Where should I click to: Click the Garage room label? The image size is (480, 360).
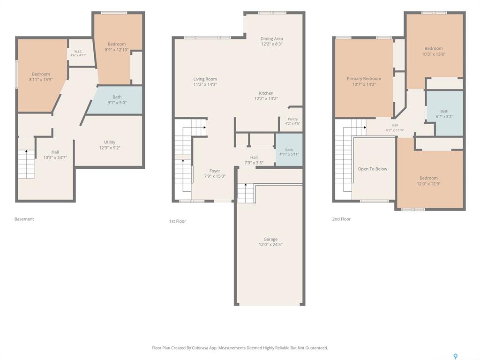pyautogui.click(x=270, y=239)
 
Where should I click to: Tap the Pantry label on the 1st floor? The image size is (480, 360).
pyautogui.click(x=292, y=119)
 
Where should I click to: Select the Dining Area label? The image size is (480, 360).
pyautogui.click(x=271, y=38)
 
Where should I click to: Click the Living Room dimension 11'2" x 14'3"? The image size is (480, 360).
pyautogui.click(x=205, y=84)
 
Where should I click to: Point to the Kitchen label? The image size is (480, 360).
pyautogui.click(x=266, y=93)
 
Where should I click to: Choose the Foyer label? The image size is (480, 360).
pyautogui.click(x=215, y=171)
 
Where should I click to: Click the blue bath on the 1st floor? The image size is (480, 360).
pyautogui.click(x=289, y=150)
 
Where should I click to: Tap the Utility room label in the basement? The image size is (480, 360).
pyautogui.click(x=110, y=142)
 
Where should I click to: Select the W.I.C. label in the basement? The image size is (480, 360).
pyautogui.click(x=78, y=52)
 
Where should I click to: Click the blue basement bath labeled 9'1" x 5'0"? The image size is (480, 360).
pyautogui.click(x=116, y=100)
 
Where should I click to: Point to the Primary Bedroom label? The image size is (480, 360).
pyautogui.click(x=364, y=79)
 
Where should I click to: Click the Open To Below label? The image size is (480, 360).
pyautogui.click(x=373, y=169)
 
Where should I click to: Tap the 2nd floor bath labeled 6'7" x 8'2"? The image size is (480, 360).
pyautogui.click(x=445, y=113)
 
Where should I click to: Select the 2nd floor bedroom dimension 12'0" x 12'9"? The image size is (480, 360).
pyautogui.click(x=428, y=184)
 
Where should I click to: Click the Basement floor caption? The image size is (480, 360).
pyautogui.click(x=24, y=219)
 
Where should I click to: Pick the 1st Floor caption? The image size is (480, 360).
pyautogui.click(x=178, y=221)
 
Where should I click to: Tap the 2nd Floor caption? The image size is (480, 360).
pyautogui.click(x=341, y=219)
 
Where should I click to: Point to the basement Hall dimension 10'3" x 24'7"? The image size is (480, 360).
pyautogui.click(x=55, y=157)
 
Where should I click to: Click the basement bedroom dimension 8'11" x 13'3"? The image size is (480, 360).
pyautogui.click(x=41, y=80)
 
